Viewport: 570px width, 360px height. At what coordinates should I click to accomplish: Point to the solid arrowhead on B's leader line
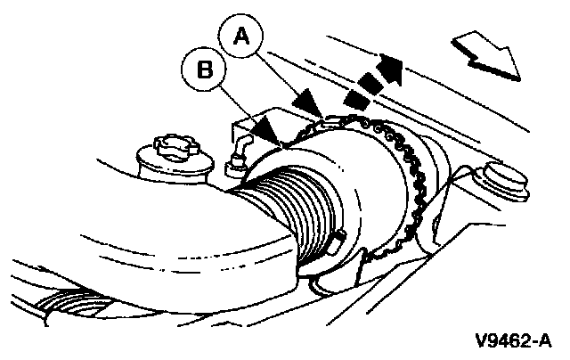tap(267, 130)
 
